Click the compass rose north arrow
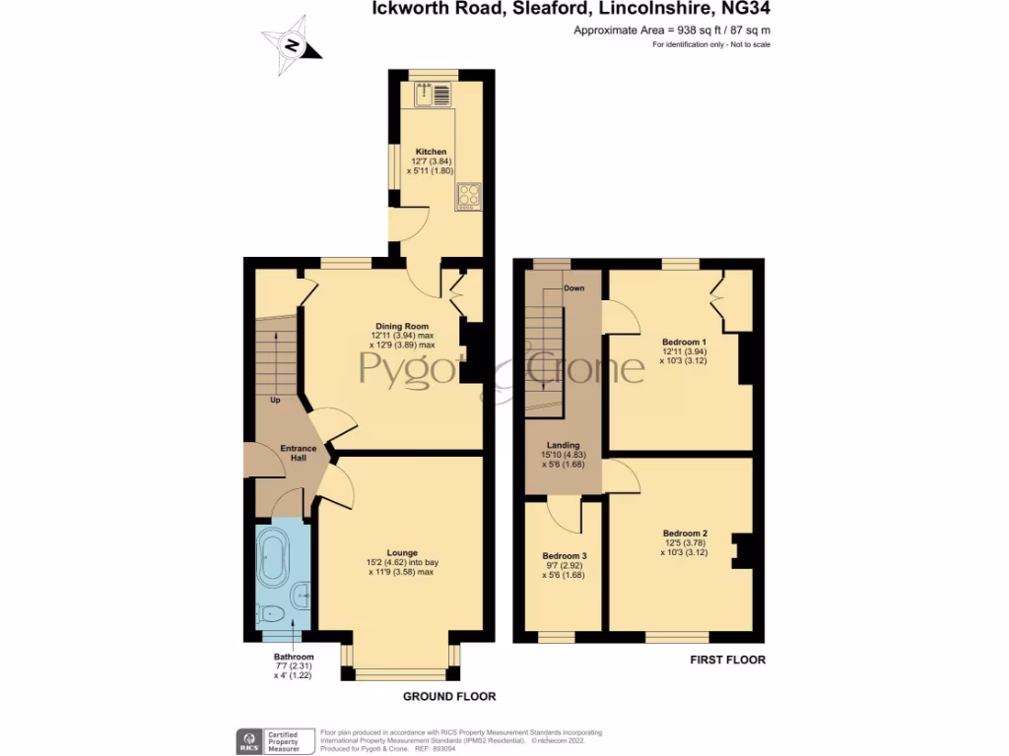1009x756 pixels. (x=292, y=45)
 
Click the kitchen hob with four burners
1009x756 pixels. (x=467, y=196)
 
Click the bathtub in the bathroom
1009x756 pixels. (x=272, y=558)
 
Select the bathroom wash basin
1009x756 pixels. (x=302, y=593)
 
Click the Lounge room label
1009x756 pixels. (x=401, y=552)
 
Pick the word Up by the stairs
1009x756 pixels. (x=275, y=401)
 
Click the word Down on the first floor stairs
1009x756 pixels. (x=573, y=288)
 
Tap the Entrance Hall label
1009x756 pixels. (x=297, y=454)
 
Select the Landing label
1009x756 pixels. (x=563, y=445)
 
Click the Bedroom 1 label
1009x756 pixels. (x=684, y=342)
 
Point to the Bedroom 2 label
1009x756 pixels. (x=684, y=533)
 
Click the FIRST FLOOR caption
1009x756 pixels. (x=726, y=660)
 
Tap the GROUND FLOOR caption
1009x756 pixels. (x=449, y=696)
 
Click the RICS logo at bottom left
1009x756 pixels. (x=245, y=739)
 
